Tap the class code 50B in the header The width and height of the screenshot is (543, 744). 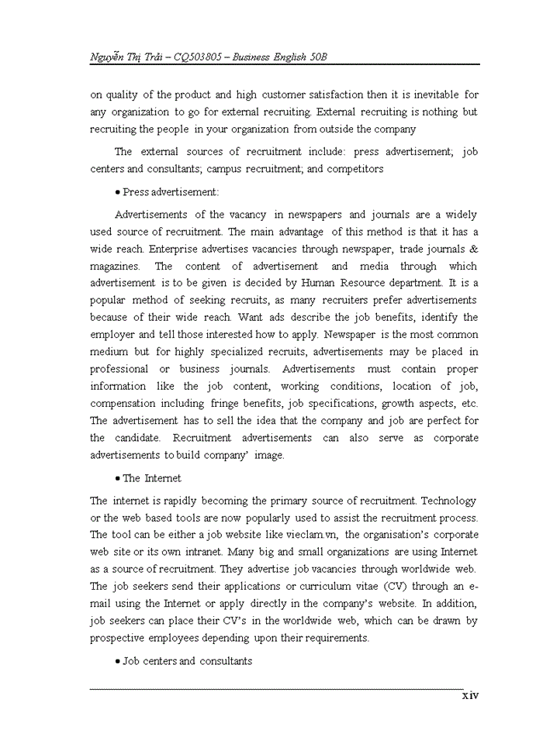pos(329,58)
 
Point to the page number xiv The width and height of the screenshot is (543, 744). pos(471,695)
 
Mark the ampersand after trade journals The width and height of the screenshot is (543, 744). pos(474,249)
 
